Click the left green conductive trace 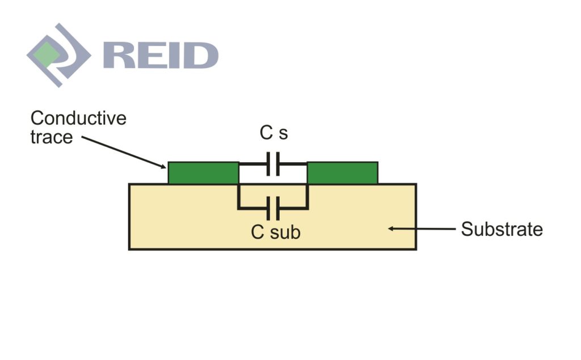pyautogui.click(x=203, y=173)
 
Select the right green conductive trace pyautogui.click(x=342, y=173)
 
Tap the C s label pyautogui.click(x=273, y=134)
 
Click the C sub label pyautogui.click(x=276, y=232)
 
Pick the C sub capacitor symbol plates pyautogui.click(x=273, y=207)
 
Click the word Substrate pyautogui.click(x=502, y=230)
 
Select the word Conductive pyautogui.click(x=78, y=118)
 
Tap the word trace pyautogui.click(x=52, y=137)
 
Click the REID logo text pyautogui.click(x=161, y=56)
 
